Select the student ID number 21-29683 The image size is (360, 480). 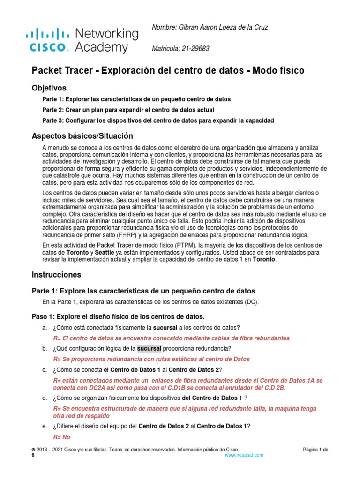click(x=196, y=48)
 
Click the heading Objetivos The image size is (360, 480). click(x=49, y=88)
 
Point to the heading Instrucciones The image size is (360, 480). click(x=56, y=275)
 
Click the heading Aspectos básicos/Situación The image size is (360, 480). click(x=82, y=136)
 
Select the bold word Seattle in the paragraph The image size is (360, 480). click(x=107, y=252)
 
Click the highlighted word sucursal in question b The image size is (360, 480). click(x=149, y=348)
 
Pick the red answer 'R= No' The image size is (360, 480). click(x=61, y=437)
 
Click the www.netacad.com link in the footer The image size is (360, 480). click(x=244, y=455)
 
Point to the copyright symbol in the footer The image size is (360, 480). click(x=33, y=450)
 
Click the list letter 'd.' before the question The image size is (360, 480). click(x=45, y=398)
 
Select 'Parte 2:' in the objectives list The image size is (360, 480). click(x=53, y=110)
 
